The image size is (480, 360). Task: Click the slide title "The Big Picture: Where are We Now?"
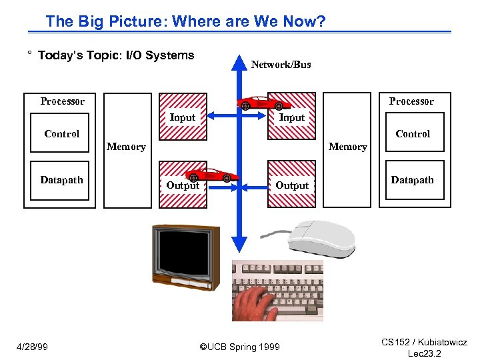click(x=185, y=21)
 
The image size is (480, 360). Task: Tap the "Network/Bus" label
click(x=281, y=65)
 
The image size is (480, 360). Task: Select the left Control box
click(x=62, y=134)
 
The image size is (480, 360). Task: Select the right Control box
click(x=413, y=134)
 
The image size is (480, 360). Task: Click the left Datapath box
click(x=62, y=180)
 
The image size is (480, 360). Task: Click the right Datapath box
click(x=413, y=180)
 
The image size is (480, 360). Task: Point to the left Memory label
click(x=126, y=147)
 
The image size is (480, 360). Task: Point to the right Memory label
click(x=347, y=147)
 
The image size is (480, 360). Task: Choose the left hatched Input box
click(x=182, y=117)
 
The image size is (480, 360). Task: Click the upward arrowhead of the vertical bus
click(x=239, y=63)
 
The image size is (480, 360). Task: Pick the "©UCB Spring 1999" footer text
click(x=240, y=346)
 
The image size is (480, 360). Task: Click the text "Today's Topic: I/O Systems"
click(x=115, y=55)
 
